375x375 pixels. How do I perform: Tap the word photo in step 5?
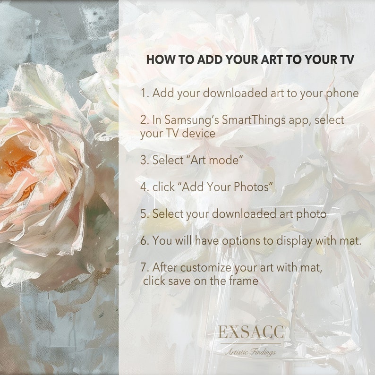pos(311,214)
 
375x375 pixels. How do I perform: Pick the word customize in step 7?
pos(200,268)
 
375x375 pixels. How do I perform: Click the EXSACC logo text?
pos(250,332)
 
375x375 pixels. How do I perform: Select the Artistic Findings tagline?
pos(250,352)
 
